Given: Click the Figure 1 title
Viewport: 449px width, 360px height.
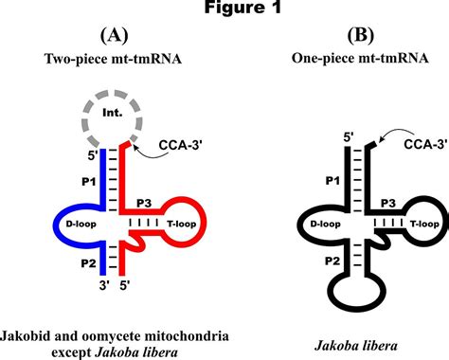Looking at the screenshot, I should (224, 9).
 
